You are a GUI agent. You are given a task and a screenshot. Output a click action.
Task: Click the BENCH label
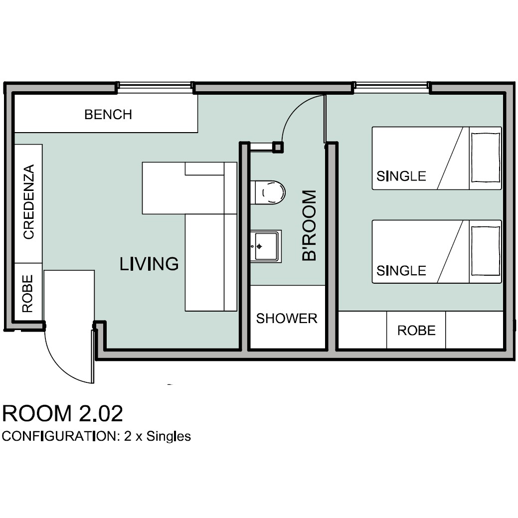[x=108, y=115]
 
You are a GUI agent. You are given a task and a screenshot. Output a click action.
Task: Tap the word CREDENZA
[x=29, y=201]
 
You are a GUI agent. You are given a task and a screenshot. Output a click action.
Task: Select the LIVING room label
[x=149, y=264]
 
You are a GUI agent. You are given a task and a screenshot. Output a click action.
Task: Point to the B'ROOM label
[x=310, y=225]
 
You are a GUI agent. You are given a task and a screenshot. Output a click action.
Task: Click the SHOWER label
[x=287, y=319]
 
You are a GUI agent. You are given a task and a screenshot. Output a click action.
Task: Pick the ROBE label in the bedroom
[x=416, y=331]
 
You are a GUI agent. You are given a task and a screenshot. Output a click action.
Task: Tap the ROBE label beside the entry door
[x=27, y=294]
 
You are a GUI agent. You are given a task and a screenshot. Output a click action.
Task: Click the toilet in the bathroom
[x=268, y=192]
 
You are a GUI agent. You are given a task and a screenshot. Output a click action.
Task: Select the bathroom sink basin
[x=266, y=246]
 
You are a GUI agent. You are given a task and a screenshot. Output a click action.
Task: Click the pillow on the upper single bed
[x=485, y=158]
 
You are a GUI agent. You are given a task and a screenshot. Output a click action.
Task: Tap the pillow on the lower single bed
[x=485, y=251]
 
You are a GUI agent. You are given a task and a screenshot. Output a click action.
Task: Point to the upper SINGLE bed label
[x=401, y=176]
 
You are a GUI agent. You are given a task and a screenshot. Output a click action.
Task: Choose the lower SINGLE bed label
[x=401, y=271]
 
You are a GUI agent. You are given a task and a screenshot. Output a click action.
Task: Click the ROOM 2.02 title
[x=62, y=413]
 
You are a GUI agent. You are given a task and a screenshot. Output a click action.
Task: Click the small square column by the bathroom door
[x=278, y=147]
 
